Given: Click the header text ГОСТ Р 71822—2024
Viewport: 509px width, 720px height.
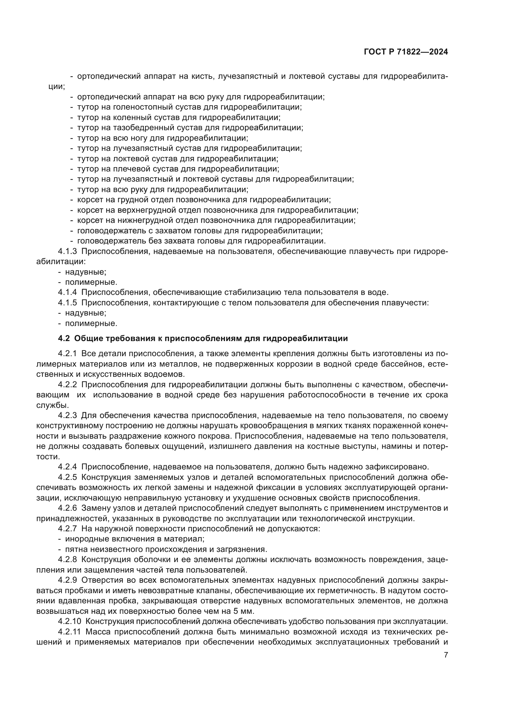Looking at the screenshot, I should [406, 52].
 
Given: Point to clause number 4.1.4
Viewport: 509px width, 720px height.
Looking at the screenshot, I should [67, 292].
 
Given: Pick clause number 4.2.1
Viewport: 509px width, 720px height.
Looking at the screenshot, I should [67, 354].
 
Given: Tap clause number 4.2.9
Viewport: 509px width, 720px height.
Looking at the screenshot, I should [67, 580].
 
